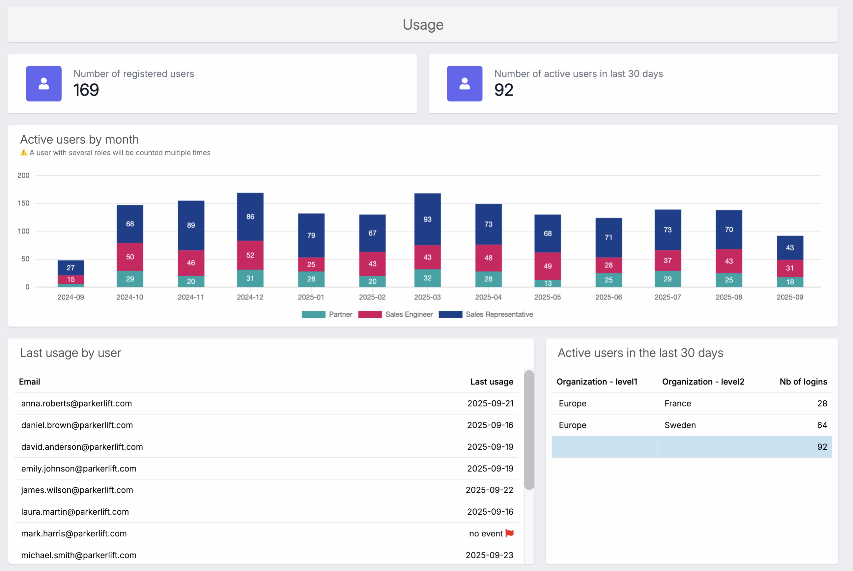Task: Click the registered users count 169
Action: coord(86,90)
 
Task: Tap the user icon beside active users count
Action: coord(464,83)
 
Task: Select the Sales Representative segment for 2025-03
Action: coord(427,219)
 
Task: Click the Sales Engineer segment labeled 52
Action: coord(250,255)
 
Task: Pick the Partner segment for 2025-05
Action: coord(547,283)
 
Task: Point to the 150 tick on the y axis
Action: coord(23,203)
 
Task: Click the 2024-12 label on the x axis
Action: coord(250,297)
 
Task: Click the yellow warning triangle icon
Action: coord(24,153)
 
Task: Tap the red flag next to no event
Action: coord(509,533)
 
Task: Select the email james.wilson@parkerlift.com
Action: coord(77,490)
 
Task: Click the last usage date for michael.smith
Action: coord(489,555)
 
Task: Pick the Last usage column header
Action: coord(491,382)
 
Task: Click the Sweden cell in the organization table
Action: coord(680,425)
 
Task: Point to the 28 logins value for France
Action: coord(822,403)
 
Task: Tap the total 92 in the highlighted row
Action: coord(822,447)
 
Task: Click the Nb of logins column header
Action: coord(803,382)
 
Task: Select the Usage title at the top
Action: coord(423,24)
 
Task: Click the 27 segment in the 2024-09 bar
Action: coord(71,268)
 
